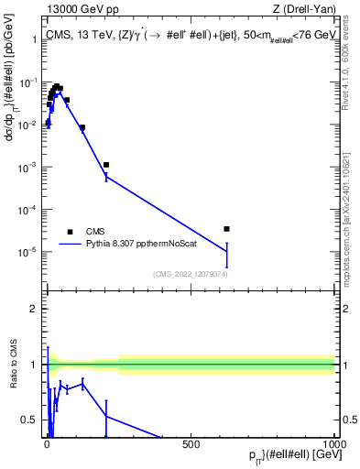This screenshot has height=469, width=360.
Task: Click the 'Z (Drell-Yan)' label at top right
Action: click(x=303, y=9)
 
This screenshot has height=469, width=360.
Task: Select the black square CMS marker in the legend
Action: click(x=70, y=232)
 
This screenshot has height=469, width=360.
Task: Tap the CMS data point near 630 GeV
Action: click(x=226, y=229)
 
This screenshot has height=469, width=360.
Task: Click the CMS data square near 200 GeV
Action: click(x=106, y=165)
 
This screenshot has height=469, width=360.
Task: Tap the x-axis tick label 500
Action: click(x=191, y=445)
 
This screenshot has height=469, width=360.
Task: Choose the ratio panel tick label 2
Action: click(x=34, y=309)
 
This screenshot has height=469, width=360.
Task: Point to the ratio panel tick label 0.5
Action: click(x=30, y=420)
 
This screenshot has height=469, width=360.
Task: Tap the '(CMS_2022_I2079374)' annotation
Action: click(x=190, y=273)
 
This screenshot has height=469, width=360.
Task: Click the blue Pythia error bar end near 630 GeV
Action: click(x=226, y=268)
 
